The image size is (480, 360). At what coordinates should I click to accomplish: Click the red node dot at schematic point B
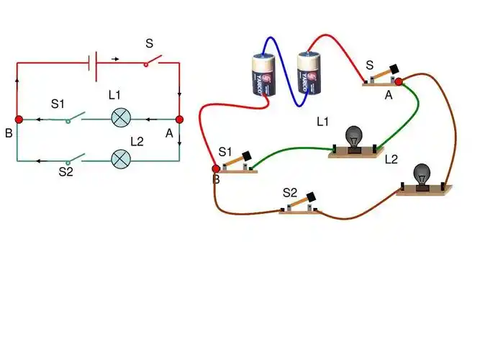coord(19,119)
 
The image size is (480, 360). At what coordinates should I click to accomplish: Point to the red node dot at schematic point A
coord(179,119)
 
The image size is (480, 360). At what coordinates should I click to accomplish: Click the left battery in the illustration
coord(263,75)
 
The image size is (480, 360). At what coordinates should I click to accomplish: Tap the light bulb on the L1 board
coord(354,137)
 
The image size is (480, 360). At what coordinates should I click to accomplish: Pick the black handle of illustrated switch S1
coord(245,155)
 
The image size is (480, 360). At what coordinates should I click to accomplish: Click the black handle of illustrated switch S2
coord(311,196)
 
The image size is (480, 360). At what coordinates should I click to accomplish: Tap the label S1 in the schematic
coord(58,104)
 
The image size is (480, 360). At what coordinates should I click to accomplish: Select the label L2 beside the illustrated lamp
coord(391,159)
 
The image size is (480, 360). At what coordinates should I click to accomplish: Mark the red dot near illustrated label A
coord(399,82)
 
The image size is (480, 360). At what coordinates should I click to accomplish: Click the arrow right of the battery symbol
coord(115,57)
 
